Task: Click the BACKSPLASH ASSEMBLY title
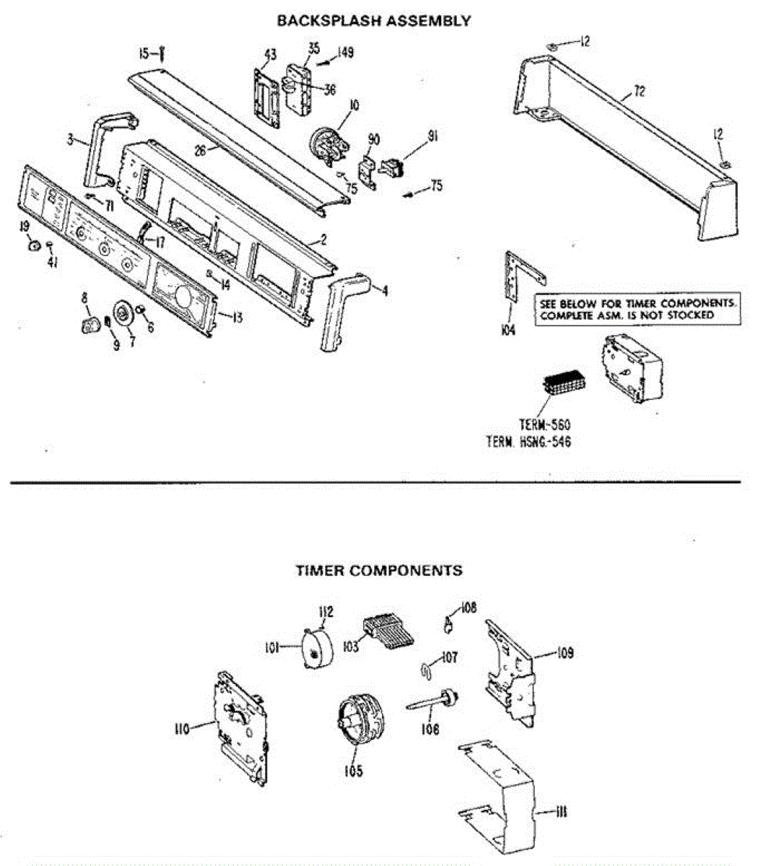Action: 374,21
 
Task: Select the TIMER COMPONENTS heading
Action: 379,571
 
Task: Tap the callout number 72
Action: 639,91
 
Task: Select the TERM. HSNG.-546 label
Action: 528,442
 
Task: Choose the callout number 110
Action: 181,729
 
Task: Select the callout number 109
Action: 565,653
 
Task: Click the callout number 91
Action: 432,136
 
